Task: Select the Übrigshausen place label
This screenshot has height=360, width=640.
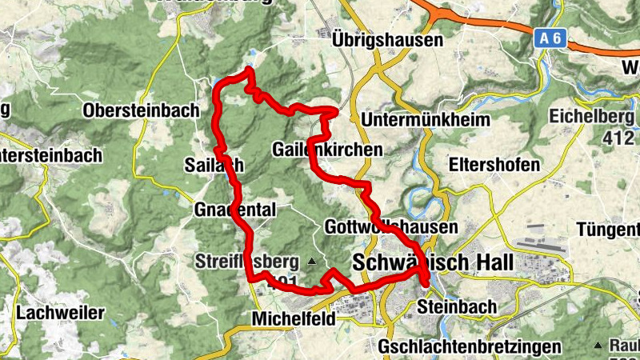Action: (388, 39)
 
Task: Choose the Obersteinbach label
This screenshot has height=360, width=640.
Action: (140, 110)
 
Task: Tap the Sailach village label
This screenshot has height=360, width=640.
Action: (218, 164)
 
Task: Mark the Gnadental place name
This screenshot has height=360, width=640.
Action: (235, 210)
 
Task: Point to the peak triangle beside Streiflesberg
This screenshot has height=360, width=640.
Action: (312, 261)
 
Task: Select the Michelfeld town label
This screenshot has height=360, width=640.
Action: (295, 318)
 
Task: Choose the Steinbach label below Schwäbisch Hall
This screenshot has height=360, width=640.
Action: (457, 306)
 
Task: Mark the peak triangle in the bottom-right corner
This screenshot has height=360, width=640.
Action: (597, 345)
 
